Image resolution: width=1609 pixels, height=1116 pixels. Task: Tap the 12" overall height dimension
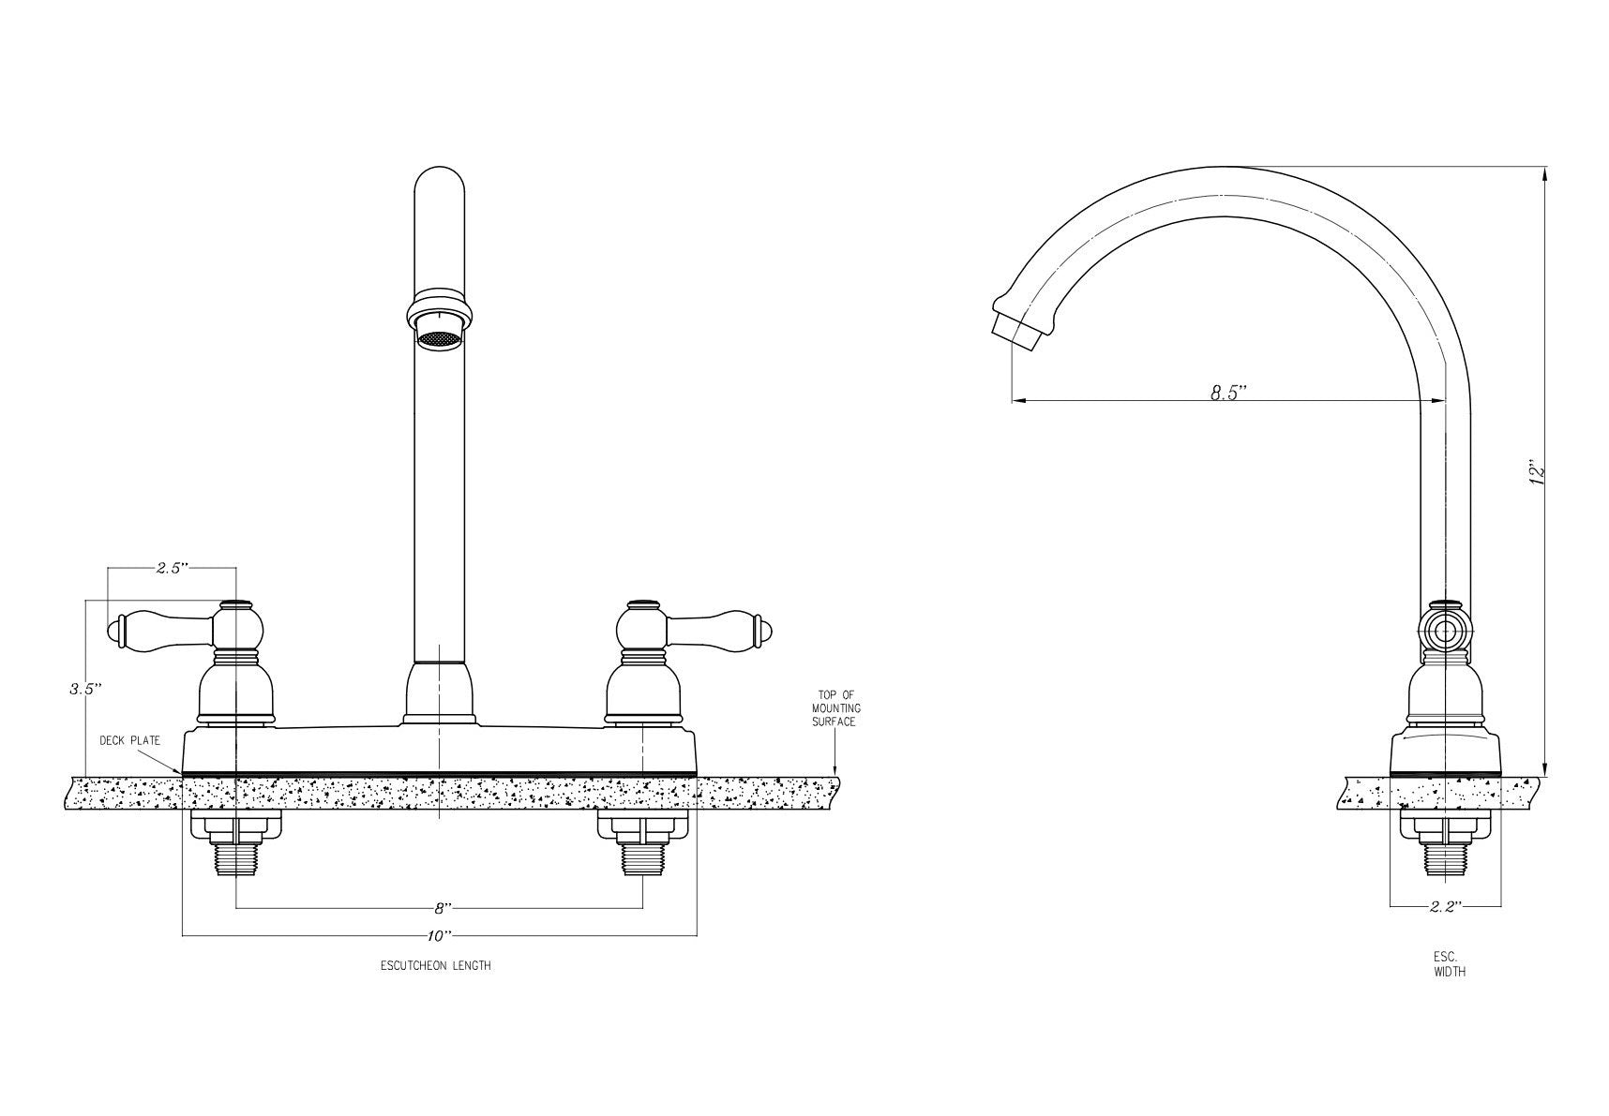point(1535,472)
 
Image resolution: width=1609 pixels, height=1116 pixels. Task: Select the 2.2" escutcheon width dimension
point(1446,906)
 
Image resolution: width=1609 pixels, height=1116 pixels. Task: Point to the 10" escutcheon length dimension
point(440,935)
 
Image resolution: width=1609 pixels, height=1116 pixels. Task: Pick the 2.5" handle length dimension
point(172,568)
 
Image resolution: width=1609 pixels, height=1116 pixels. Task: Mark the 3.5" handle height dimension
point(84,689)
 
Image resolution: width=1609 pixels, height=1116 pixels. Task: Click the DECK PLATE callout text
point(129,740)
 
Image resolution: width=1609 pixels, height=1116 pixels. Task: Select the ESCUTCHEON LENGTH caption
point(435,965)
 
